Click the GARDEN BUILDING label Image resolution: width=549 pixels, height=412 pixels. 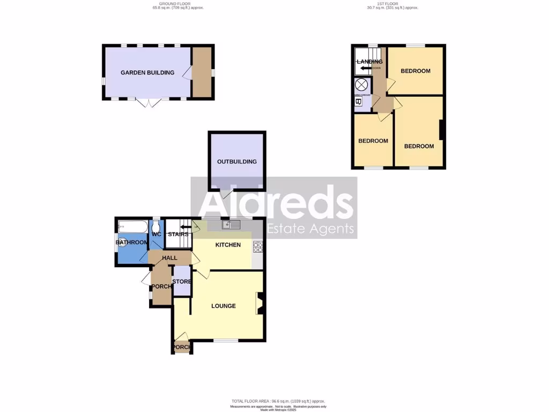pos(147,72)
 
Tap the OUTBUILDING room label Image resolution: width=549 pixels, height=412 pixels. pos(237,161)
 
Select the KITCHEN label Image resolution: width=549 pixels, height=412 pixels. pos(228,245)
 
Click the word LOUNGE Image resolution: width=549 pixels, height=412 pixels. pos(224,306)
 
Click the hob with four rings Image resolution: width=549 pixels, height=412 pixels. pos(258,247)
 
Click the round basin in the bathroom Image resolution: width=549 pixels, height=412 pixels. pos(123,242)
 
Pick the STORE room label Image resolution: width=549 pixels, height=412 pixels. pos(182,281)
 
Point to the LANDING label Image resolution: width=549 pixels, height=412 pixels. pos(370,62)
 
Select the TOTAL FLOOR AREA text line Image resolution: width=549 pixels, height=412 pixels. pos(278,401)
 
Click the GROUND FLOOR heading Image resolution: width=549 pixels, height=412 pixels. pos(179,5)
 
